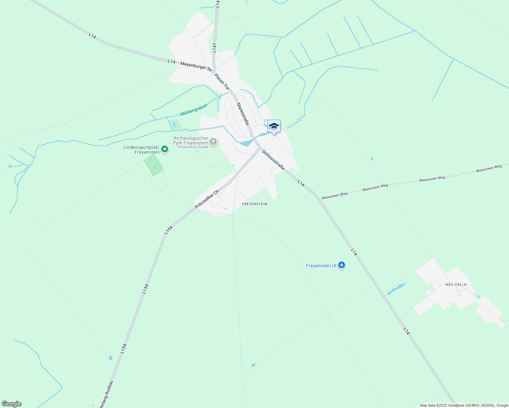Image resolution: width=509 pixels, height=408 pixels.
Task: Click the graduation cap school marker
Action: pos(274,126)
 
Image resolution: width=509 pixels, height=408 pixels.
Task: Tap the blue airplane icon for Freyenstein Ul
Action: pos(342,266)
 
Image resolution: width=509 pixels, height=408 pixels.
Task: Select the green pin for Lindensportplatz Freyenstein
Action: pos(165,149)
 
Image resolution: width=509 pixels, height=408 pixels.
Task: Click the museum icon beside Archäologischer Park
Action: pos(213,141)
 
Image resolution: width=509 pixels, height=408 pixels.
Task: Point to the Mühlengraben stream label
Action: pos(194,110)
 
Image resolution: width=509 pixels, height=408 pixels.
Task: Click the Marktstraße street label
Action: pos(243,114)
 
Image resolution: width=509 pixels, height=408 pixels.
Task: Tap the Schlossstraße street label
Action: pos(273,160)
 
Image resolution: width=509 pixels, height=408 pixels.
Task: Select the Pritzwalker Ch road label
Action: pos(207,199)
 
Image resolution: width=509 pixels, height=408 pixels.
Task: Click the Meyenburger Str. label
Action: pos(196,66)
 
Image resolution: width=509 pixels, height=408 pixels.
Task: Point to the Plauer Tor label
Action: pos(222,81)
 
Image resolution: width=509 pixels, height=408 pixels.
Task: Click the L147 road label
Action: pos(214,47)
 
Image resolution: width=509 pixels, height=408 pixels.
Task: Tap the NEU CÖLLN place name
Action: pos(456,285)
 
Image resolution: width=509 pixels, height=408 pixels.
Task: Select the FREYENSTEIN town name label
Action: pos(254,204)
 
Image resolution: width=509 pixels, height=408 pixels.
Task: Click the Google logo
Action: pos(11,404)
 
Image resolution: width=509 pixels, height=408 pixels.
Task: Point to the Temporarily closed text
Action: pos(192,147)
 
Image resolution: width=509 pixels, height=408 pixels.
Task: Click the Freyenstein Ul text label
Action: pos(321,266)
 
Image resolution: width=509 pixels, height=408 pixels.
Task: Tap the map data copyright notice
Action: pos(463,405)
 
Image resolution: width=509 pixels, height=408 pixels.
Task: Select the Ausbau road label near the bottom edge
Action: pos(106,394)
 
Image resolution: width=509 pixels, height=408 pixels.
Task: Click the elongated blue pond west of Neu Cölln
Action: pos(396,289)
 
